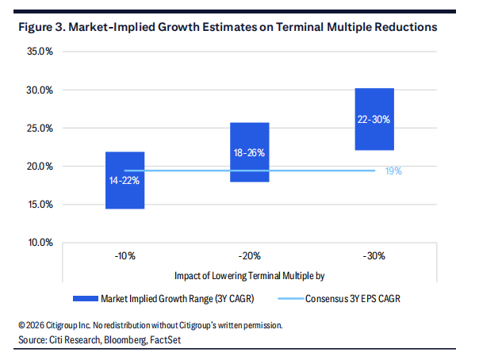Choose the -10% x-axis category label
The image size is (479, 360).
125,257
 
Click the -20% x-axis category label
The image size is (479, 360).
249,257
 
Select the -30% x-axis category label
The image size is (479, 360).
374,257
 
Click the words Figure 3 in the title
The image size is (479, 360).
39,26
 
